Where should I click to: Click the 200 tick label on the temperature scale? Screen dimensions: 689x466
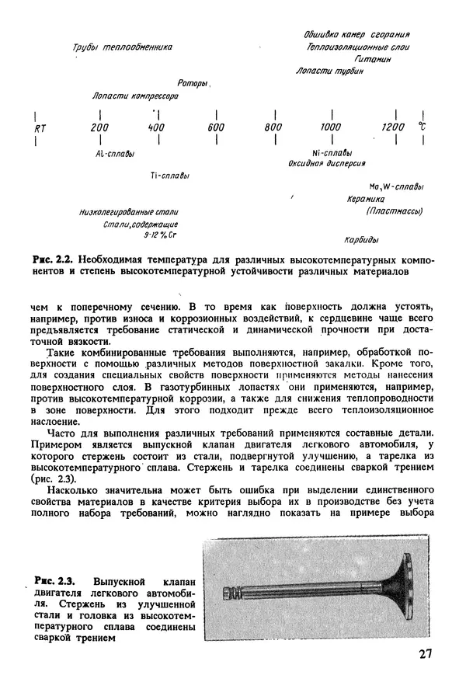(99, 127)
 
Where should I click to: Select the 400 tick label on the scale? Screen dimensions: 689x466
(156, 127)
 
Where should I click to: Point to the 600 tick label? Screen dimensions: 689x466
(216, 127)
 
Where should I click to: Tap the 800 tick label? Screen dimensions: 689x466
(273, 127)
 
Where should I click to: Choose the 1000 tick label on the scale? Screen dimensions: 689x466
(331, 127)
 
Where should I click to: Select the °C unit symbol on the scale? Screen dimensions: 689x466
(423, 126)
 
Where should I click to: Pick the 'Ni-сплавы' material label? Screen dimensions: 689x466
(332, 152)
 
